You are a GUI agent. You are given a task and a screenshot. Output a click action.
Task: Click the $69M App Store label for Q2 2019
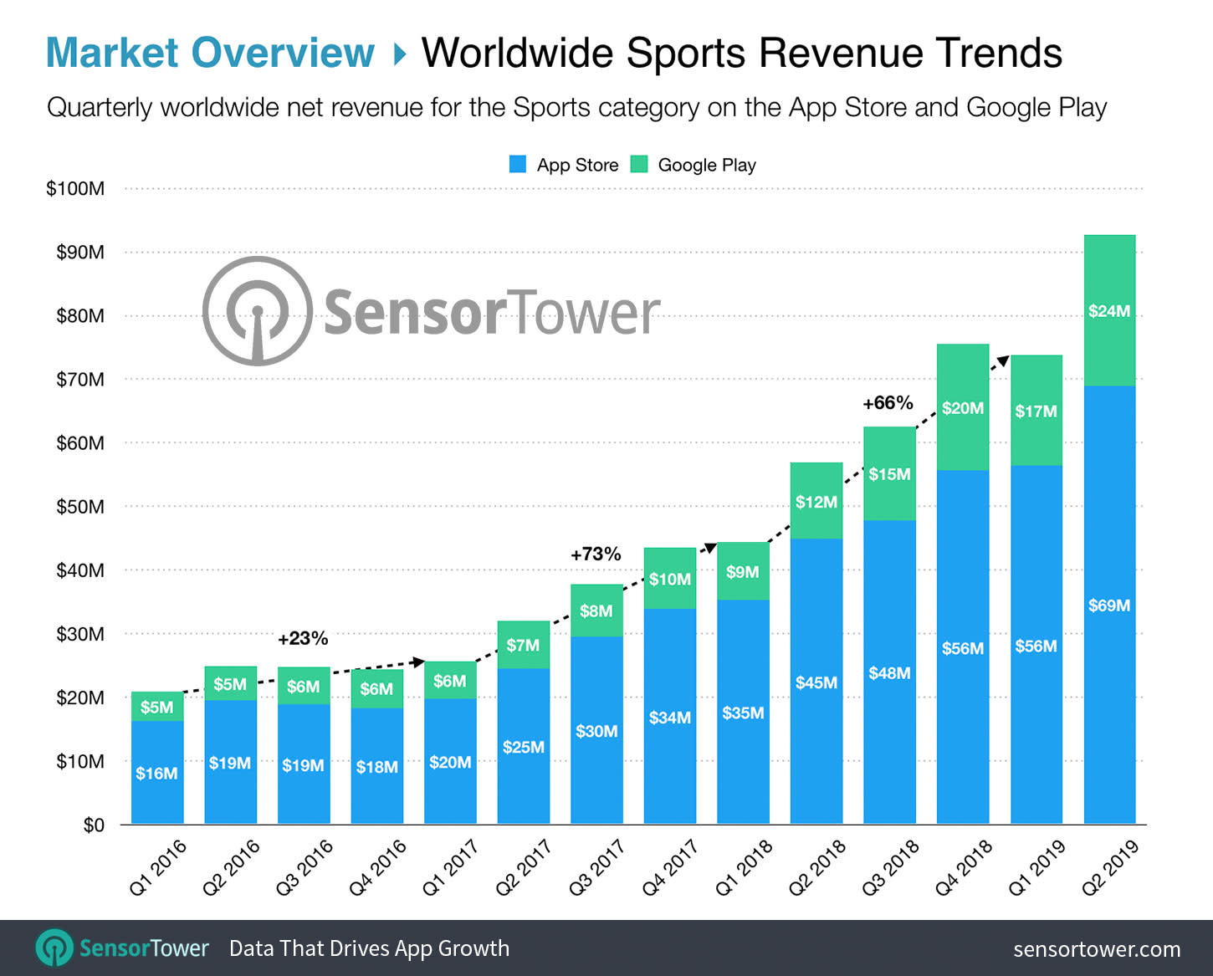coord(1108,605)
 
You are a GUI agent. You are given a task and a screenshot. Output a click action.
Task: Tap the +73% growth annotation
coord(596,554)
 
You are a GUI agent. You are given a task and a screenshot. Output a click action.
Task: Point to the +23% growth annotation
coord(303,638)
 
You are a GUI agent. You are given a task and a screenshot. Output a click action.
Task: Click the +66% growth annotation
coord(888,403)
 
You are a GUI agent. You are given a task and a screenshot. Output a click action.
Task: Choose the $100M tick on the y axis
coord(75,188)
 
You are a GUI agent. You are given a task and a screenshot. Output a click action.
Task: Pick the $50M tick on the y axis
coord(80,507)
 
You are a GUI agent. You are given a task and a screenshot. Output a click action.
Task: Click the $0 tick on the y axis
coord(94,825)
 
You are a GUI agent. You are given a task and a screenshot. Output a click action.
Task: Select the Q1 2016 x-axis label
coord(158,867)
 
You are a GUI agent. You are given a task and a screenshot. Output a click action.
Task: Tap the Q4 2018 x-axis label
coord(963,867)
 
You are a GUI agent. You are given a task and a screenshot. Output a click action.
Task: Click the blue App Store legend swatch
coord(518,165)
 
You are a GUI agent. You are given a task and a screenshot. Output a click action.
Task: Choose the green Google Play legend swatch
coord(639,165)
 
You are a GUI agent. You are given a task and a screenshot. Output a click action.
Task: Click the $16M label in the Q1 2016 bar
coord(156,774)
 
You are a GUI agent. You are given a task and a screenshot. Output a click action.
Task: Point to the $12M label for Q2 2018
coord(816,502)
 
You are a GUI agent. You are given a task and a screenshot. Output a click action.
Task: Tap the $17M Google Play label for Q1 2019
coord(1036,411)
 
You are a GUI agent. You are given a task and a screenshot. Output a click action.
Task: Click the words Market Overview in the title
coord(210,53)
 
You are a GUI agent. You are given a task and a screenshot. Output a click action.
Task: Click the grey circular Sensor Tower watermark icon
coord(258,311)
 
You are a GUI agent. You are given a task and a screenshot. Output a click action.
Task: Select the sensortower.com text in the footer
coord(1097,949)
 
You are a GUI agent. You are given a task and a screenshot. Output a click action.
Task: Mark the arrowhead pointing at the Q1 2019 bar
coord(1001,362)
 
